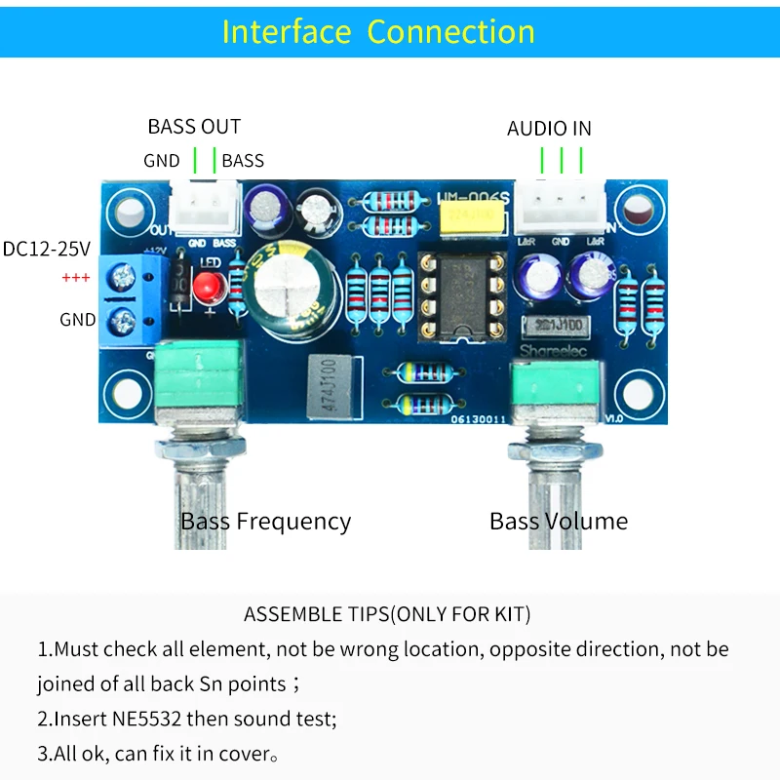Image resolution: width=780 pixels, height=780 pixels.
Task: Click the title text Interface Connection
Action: point(378,31)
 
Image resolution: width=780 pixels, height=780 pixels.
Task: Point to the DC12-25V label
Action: point(47,249)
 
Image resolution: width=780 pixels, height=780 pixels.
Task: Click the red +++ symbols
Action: point(75,278)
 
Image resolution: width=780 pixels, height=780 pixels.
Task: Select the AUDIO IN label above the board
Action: point(549,129)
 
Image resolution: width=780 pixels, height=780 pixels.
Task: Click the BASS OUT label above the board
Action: point(194,126)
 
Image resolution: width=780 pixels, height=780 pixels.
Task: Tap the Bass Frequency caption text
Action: point(265,521)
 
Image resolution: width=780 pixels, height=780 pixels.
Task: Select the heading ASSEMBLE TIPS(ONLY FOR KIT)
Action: point(387,614)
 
